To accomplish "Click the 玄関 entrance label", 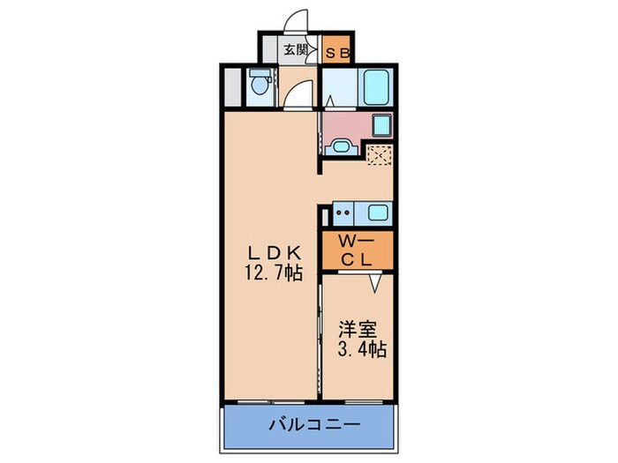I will point(295,51).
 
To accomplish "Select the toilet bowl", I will point(259,85).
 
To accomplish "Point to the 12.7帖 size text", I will point(274,273).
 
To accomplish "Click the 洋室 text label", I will point(358,330).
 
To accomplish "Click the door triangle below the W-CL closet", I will point(374,282).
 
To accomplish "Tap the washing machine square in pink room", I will point(381,124).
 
